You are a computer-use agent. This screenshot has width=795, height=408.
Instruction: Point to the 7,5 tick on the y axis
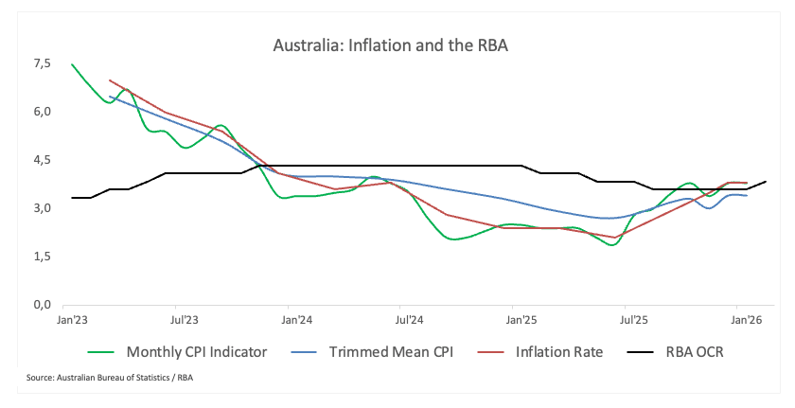tap(41, 63)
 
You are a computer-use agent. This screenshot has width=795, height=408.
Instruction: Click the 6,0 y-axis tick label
tap(41, 112)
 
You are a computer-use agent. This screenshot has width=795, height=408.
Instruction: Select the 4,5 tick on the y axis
tap(41, 160)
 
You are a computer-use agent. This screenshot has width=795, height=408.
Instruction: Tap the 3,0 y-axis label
tap(41, 208)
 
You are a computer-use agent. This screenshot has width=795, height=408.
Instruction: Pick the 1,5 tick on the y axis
tap(41, 257)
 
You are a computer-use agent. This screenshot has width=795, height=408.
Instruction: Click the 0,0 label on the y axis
tap(41, 305)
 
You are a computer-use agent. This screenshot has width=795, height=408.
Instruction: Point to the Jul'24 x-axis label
tap(405, 322)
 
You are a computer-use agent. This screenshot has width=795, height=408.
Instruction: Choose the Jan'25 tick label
tap(515, 322)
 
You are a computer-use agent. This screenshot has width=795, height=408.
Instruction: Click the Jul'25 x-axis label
tap(627, 322)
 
